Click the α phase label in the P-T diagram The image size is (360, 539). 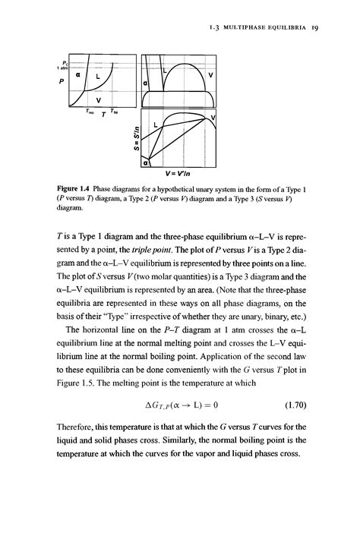click(78, 76)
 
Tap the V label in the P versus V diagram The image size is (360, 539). click(210, 76)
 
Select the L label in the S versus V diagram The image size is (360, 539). click(155, 123)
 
